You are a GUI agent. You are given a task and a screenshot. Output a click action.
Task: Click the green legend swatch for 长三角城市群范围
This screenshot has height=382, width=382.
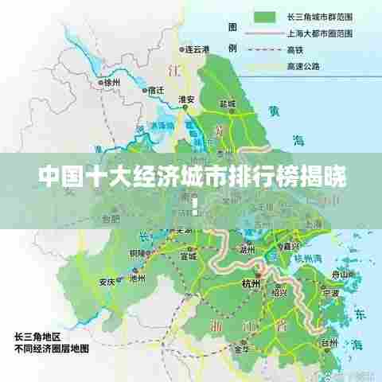[264, 17]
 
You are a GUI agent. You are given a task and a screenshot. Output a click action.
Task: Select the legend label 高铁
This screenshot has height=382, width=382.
[294, 49]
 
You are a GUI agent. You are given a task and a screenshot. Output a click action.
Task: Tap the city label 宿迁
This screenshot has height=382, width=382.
[156, 91]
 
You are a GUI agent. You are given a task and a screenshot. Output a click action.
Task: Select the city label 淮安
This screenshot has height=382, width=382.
[188, 100]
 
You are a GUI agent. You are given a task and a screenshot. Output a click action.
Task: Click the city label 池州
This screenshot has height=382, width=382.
[136, 280]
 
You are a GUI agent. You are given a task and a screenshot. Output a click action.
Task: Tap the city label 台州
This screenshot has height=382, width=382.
[329, 344]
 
